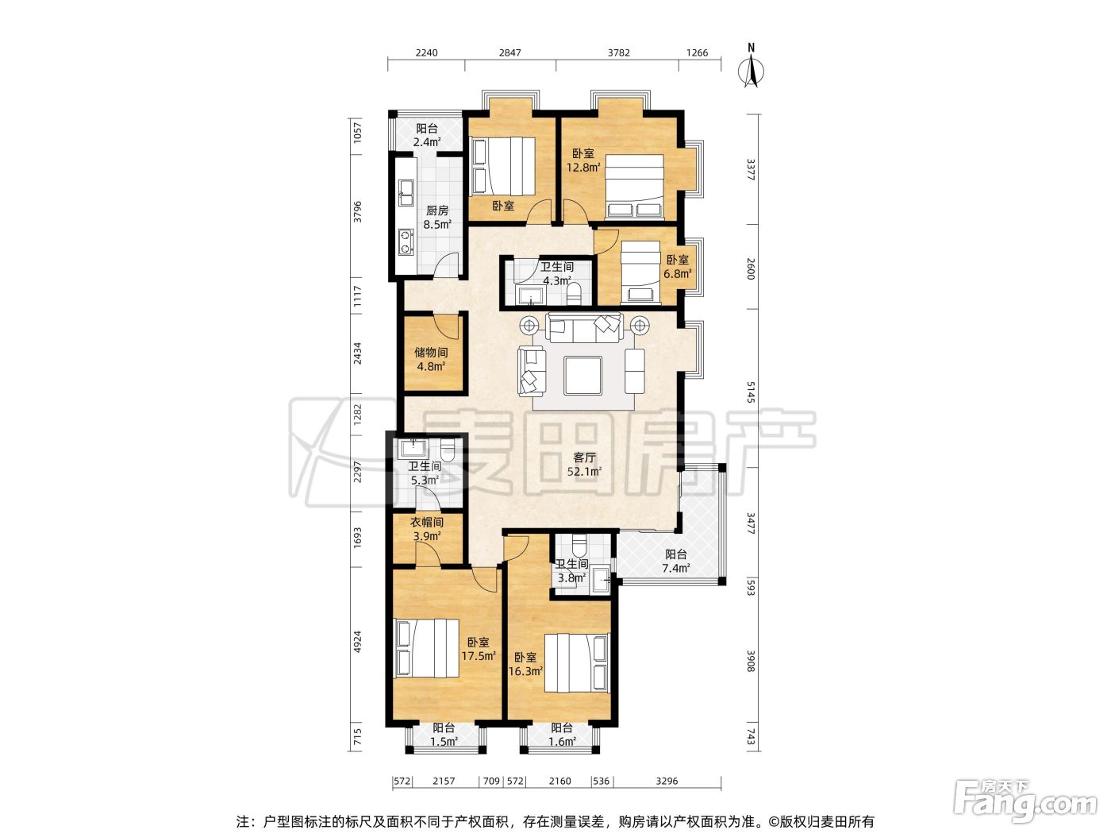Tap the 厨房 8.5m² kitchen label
[436, 217]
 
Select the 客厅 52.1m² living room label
[584, 465]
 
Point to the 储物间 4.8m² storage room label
[431, 358]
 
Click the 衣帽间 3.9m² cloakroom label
[427, 529]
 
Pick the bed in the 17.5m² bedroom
[427, 648]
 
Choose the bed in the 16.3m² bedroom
[577, 662]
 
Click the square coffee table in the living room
[583, 375]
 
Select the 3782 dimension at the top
[618, 52]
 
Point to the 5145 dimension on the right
[751, 392]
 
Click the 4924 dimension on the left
[357, 641]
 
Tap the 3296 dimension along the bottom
[667, 781]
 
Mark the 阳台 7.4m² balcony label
[675, 561]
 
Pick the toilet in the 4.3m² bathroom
[574, 294]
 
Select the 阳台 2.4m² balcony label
[427, 135]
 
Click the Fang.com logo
[1025, 801]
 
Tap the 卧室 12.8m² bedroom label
[583, 160]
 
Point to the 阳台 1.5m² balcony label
[444, 735]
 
